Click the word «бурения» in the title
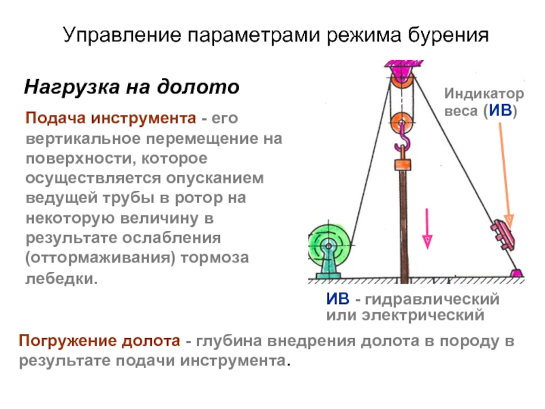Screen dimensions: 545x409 coord(448,36)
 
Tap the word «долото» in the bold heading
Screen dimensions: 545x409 coord(198,87)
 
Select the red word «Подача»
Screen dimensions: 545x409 coord(56,118)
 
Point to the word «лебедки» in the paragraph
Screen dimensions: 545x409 coord(60,278)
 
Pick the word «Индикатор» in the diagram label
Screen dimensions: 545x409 coord(484,93)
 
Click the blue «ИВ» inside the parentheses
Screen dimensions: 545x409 coord(501,110)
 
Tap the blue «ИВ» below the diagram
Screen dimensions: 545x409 coord(338,299)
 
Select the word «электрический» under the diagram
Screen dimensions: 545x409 coord(423,316)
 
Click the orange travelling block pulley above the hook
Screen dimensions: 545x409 coord(401,122)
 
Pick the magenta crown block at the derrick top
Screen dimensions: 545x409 coord(403,71)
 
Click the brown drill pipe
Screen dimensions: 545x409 coord(403,226)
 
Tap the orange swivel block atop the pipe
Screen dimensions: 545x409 coord(403,164)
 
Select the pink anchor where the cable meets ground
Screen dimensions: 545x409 coord(516,273)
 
